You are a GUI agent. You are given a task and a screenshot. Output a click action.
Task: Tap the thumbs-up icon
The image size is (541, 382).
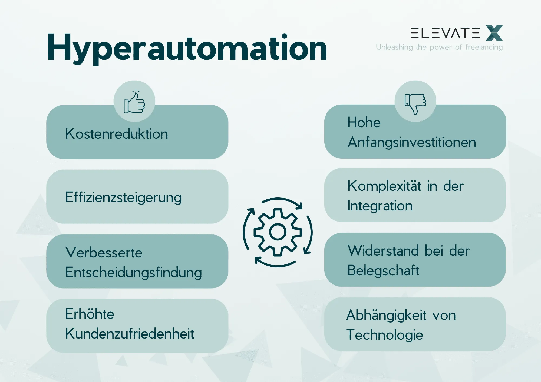pos(134,102)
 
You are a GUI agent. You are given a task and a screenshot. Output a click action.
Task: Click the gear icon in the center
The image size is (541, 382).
pos(278,232)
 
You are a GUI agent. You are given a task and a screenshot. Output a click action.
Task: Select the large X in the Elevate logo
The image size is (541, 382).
pos(494,33)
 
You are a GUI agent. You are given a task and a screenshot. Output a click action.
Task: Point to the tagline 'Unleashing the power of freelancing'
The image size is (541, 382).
pos(439,47)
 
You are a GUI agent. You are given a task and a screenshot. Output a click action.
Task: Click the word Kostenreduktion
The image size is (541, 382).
pos(117,134)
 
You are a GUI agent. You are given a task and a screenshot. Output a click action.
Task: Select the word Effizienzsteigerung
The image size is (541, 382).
pos(123,197)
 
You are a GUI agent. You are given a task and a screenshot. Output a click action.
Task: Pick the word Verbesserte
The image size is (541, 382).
pos(104,253)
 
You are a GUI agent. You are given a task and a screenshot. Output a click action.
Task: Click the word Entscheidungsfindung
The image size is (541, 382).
pos(134,272)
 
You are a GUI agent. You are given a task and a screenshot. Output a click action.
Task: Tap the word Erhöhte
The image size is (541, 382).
pos(90,314)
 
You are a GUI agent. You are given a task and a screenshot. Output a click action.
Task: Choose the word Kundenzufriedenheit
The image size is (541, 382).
pos(130,334)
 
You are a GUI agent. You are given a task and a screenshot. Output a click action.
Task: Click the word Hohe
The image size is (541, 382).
pos(364,122)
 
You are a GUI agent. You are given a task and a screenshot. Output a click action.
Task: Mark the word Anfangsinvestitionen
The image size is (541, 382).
pos(412,142)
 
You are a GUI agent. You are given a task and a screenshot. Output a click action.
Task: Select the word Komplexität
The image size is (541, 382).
pos(384,186)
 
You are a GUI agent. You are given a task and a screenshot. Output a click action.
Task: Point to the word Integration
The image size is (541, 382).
pos(380,206)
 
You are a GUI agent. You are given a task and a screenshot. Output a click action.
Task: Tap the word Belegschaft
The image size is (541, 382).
pos(383,270)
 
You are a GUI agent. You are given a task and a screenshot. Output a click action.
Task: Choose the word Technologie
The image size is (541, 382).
pos(384,335)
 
